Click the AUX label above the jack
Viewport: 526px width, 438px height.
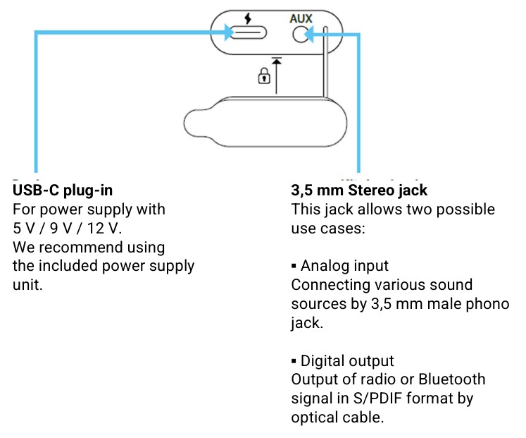301,18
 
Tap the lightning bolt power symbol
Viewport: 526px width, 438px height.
248,18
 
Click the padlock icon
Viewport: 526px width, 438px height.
264,75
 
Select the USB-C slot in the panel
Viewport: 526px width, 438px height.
249,33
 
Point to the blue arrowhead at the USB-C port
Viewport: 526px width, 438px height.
229,32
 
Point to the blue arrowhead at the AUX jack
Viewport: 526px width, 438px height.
309,35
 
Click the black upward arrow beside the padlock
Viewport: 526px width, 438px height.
277,75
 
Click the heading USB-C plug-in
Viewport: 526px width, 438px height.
63,190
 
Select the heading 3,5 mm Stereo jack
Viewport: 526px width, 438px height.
359,190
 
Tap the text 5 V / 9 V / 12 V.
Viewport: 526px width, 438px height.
67,229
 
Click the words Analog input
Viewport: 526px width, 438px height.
344,266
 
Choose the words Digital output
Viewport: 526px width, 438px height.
347,361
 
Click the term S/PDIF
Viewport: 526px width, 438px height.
377,399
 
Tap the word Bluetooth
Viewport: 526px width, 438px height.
452,379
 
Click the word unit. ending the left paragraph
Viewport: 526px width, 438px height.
27,285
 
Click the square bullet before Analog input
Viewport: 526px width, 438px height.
294,267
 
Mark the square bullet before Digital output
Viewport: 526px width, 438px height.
294,361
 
